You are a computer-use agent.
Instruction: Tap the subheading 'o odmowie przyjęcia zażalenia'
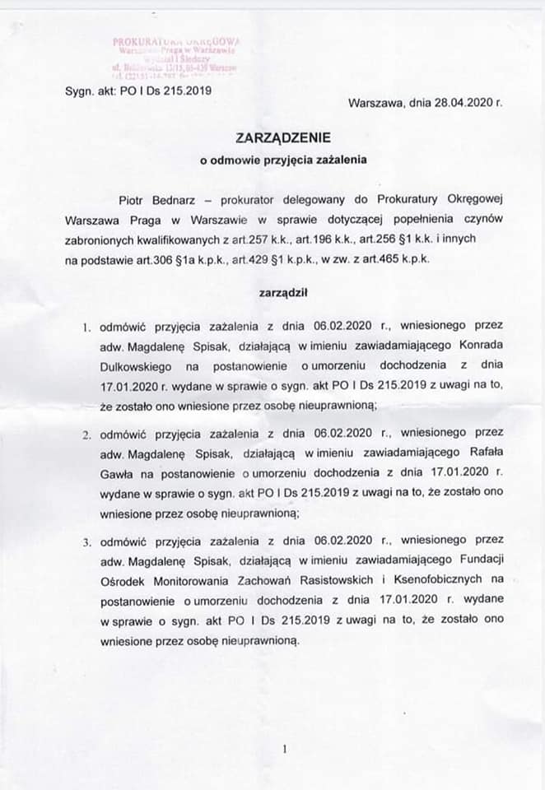273,161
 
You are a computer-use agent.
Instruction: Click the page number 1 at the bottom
283,750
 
